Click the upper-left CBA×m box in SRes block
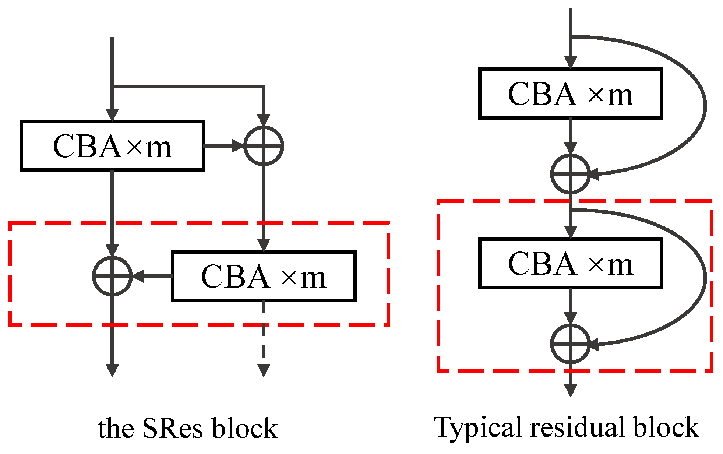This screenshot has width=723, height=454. [112, 146]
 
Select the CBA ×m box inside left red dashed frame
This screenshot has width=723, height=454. [264, 277]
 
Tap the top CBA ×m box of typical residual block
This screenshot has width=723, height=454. [570, 94]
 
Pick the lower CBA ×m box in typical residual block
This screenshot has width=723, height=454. [570, 264]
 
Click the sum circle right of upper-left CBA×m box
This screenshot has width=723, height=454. [264, 146]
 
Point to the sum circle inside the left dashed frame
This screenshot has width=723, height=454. [112, 276]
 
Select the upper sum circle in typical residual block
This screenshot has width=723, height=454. [570, 174]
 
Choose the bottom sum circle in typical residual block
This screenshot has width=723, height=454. [570, 344]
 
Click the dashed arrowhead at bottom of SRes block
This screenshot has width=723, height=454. [264, 370]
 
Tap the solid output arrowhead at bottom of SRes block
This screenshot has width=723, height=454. [112, 370]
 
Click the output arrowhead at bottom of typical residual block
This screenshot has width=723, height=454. [570, 391]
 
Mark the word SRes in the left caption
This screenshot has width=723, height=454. [172, 428]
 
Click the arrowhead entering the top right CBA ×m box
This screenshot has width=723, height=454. [570, 63]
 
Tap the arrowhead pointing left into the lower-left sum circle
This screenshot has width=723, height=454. [138, 276]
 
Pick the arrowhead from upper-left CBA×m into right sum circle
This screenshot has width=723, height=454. [238, 146]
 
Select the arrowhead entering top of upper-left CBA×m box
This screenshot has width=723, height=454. [112, 115]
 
